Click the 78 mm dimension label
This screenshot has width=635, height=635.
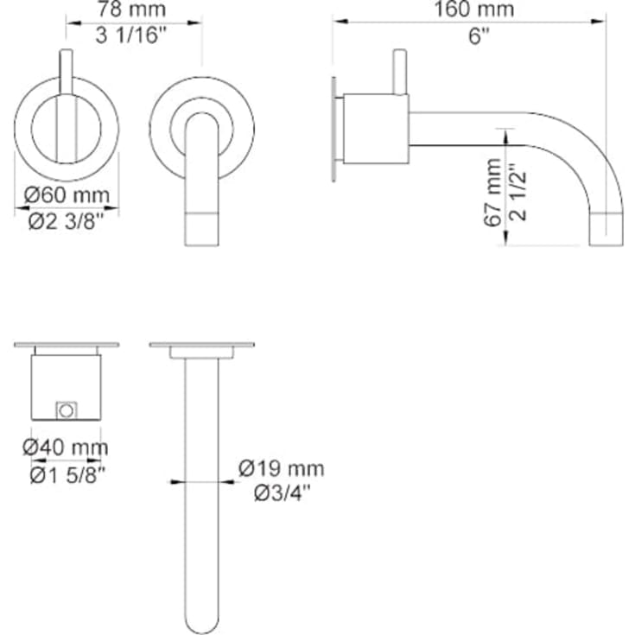134,10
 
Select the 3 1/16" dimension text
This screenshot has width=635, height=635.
134,35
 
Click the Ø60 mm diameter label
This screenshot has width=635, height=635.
67,195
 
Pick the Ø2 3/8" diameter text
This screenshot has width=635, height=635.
67,220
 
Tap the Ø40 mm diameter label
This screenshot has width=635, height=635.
67,448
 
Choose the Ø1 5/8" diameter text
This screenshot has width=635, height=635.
67,473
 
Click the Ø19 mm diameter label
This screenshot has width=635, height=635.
282,469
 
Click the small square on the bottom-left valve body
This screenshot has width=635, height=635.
67,409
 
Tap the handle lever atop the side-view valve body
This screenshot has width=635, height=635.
399,71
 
